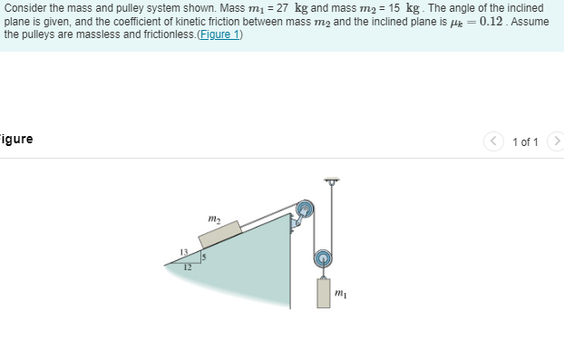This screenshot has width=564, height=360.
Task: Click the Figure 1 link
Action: pyautogui.click(x=218, y=34)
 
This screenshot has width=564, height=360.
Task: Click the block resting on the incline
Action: pyautogui.click(x=219, y=233)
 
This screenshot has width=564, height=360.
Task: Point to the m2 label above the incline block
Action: pyautogui.click(x=213, y=217)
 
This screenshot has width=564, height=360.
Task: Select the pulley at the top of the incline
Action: pyautogui.click(x=305, y=209)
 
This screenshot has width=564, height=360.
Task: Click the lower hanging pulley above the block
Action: pyautogui.click(x=323, y=258)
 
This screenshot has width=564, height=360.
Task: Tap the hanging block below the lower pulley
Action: pyautogui.click(x=324, y=293)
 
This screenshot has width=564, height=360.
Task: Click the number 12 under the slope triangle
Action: pyautogui.click(x=188, y=268)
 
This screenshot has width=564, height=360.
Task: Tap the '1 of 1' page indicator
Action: pyautogui.click(x=525, y=141)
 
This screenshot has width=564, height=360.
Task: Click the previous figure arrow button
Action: pyautogui.click(x=495, y=141)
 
